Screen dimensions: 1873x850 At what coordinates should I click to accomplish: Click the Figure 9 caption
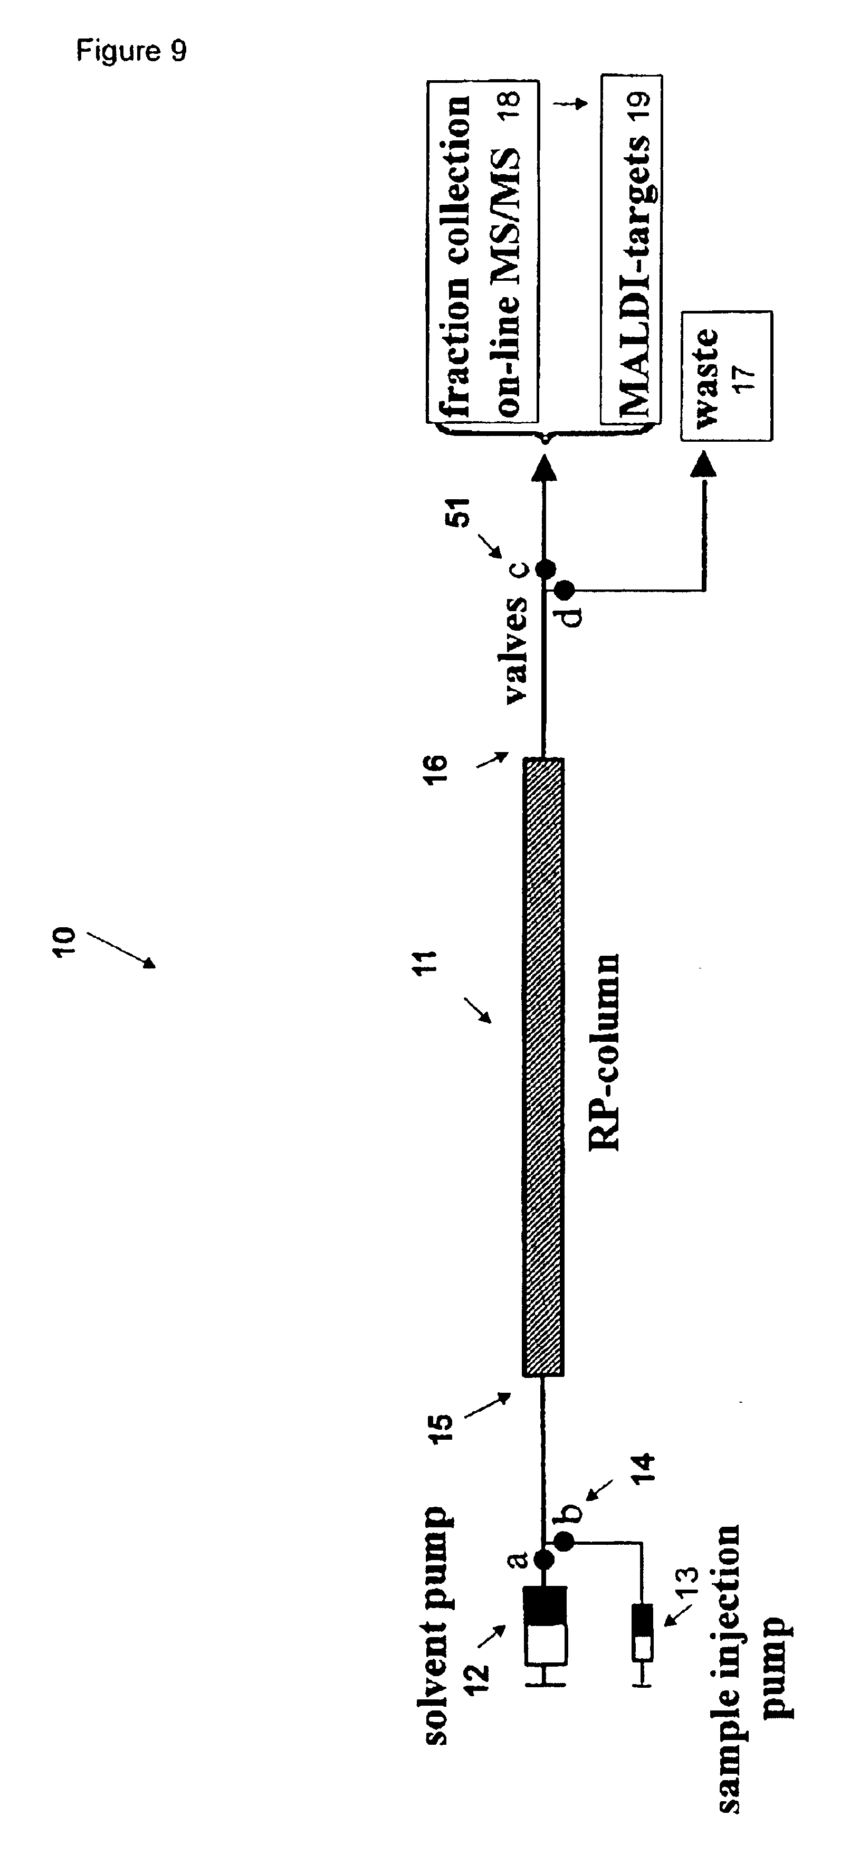(x=131, y=50)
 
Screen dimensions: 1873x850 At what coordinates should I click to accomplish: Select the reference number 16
(x=437, y=766)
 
